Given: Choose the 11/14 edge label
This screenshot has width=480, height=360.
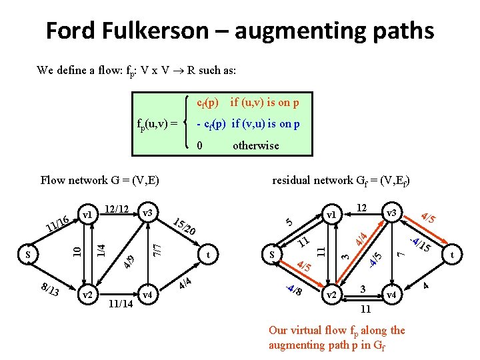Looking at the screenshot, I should [121, 305].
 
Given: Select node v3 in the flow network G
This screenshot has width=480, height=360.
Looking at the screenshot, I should [148, 213].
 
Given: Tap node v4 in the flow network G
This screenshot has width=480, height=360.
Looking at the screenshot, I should [148, 294].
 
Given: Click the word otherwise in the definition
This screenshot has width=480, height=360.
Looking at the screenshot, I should [255, 145].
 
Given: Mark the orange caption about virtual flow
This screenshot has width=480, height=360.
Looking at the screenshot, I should [336, 337].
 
